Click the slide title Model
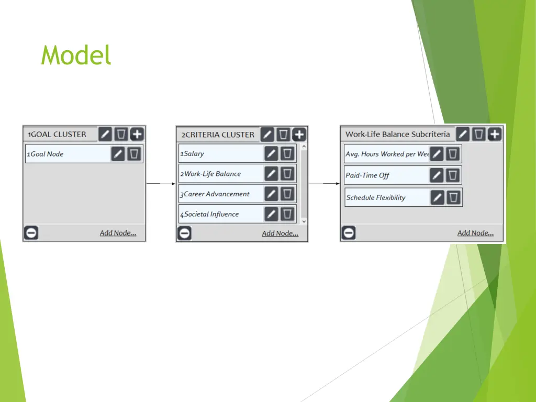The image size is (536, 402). [76, 55]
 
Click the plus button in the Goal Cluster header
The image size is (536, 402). [137, 134]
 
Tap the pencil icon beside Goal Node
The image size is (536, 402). [118, 154]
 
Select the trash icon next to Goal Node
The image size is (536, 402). [135, 154]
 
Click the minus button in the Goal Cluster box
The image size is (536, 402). [31, 233]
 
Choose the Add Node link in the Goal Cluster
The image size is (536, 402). [118, 233]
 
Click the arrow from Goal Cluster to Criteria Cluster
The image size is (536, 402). [160, 184]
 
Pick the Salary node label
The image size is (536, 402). [194, 154]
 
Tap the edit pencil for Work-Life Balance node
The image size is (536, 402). [271, 174]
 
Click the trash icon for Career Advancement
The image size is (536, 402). [287, 194]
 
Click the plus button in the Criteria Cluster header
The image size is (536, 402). [299, 135]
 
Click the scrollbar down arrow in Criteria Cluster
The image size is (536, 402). [304, 221]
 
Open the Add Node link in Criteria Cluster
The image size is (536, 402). [280, 233]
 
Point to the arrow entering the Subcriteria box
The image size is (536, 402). [324, 184]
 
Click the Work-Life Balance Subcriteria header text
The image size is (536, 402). [397, 135]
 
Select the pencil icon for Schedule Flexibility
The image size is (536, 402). [438, 197]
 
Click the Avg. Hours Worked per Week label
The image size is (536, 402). [387, 154]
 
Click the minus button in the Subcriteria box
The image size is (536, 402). [349, 233]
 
